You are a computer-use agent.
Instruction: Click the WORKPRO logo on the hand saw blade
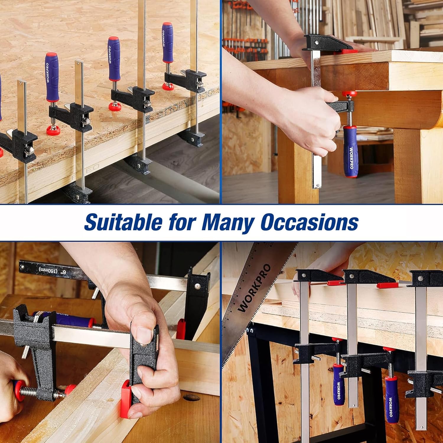[x=254, y=288]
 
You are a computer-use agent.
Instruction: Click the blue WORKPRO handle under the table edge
[x=351, y=151]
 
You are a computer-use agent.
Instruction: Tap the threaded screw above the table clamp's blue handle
[x=349, y=114]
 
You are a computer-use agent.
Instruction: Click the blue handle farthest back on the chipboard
[x=168, y=43]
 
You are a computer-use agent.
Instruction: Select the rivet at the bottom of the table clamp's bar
[x=317, y=186]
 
